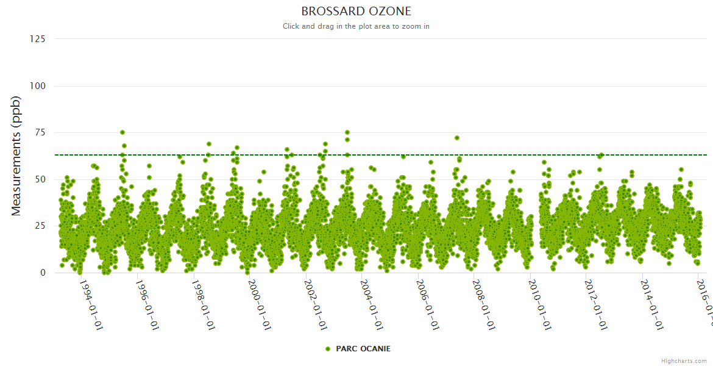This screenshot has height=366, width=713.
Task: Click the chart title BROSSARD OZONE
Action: pyautogui.click(x=356, y=12)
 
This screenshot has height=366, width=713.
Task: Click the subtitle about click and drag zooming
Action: pyautogui.click(x=356, y=26)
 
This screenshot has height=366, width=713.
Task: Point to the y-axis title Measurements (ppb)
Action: pyautogui.click(x=16, y=156)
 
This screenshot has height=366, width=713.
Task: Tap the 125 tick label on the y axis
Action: pyautogui.click(x=38, y=39)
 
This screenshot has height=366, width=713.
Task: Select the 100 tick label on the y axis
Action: pyautogui.click(x=38, y=86)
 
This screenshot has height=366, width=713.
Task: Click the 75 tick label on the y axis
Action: pyautogui.click(x=40, y=132)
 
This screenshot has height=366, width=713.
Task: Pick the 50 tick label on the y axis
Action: pyautogui.click(x=40, y=179)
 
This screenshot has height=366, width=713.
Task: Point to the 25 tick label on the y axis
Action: pyautogui.click(x=40, y=226)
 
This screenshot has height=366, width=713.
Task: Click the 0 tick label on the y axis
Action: pyautogui.click(x=43, y=273)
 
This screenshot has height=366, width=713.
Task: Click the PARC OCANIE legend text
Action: pyautogui.click(x=363, y=349)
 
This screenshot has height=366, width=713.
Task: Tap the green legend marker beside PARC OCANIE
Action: pyautogui.click(x=328, y=349)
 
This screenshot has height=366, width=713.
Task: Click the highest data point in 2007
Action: pyautogui.click(x=457, y=138)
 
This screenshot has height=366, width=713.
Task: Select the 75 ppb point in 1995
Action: pyautogui.click(x=122, y=132)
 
